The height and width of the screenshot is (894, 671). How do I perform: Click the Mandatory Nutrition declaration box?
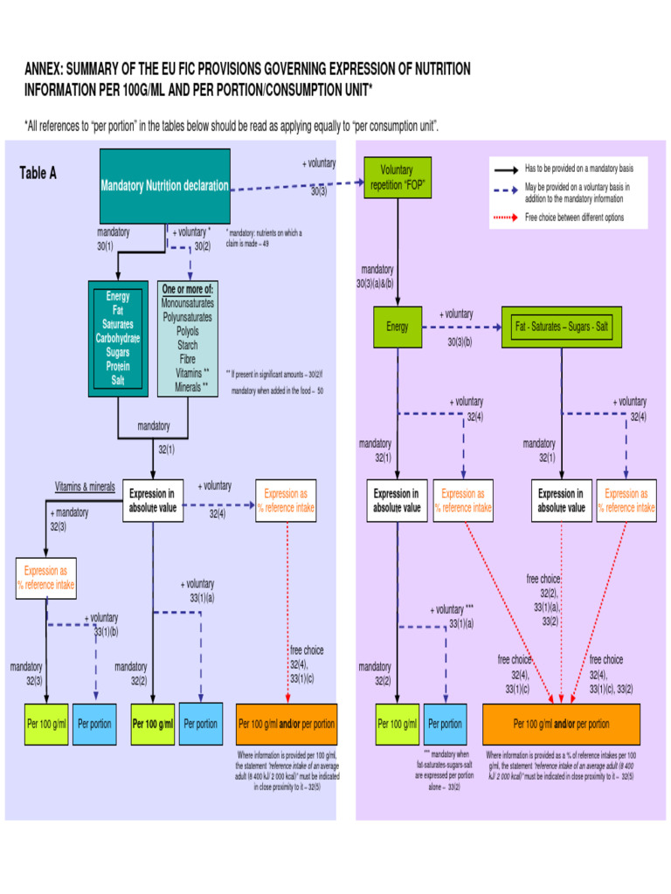pyautogui.click(x=165, y=185)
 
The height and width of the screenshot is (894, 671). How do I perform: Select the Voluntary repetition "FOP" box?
pyautogui.click(x=397, y=177)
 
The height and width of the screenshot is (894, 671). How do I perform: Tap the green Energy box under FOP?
pyautogui.click(x=398, y=327)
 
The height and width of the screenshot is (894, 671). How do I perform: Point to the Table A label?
pyautogui.click(x=38, y=173)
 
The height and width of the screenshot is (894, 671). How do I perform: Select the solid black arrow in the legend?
pyautogui.click(x=505, y=168)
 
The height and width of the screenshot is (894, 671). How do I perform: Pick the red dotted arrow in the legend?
pyautogui.click(x=505, y=217)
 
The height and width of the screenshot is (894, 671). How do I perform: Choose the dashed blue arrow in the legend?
pyautogui.click(x=505, y=189)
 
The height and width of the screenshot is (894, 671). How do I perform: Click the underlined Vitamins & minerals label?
pyautogui.click(x=85, y=486)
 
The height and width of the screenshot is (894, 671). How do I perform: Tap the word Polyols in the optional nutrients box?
pyautogui.click(x=187, y=332)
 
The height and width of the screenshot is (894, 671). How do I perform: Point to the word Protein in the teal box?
pyautogui.click(x=118, y=367)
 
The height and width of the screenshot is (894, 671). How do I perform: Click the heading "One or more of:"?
pyautogui.click(x=187, y=289)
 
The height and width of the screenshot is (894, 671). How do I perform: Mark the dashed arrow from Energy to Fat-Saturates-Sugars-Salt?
pyautogui.click(x=460, y=327)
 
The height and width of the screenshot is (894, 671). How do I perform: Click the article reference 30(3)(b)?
pyautogui.click(x=460, y=342)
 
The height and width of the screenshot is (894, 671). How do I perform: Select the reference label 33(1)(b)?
pyautogui.click(x=106, y=631)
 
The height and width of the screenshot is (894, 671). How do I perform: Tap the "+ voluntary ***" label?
pyautogui.click(x=452, y=609)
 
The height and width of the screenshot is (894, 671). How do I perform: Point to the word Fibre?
pyautogui.click(x=187, y=359)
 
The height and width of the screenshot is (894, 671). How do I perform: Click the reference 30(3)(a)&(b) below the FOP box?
pyautogui.click(x=377, y=283)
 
